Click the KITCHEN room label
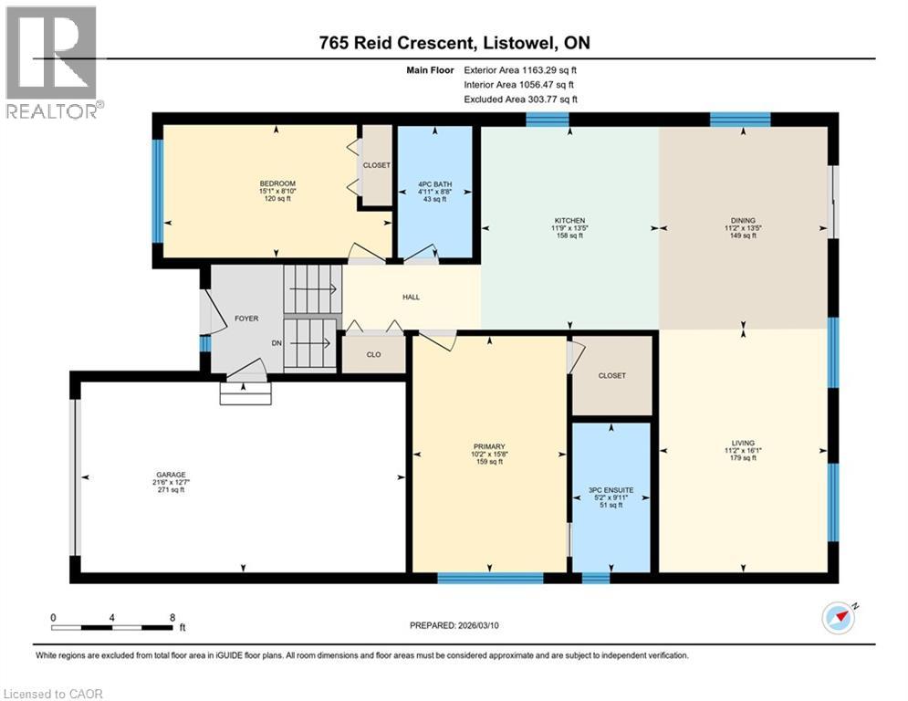point(569,221)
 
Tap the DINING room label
point(743,221)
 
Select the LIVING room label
point(743,443)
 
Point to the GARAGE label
point(171,475)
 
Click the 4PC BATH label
point(435,184)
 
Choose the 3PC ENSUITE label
point(611,490)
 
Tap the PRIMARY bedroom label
point(489,446)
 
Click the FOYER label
point(246,319)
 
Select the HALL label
point(412,298)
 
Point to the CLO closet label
point(373,354)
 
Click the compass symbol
point(839,618)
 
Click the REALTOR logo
point(52,62)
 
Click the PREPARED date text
point(454,625)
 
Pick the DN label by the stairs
point(277,343)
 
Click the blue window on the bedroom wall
point(157,191)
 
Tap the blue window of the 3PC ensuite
point(596,578)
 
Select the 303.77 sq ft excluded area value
point(552,99)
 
